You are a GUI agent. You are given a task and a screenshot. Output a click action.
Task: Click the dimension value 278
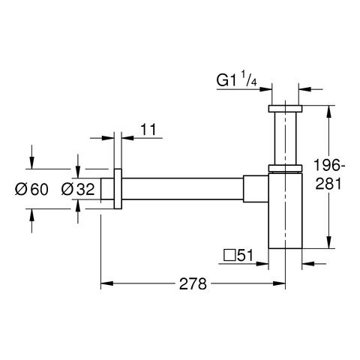193,283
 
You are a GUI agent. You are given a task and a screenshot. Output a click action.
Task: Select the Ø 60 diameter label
31,189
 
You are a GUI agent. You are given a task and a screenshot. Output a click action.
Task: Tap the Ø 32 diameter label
78,189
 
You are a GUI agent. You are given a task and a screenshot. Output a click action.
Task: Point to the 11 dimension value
148,130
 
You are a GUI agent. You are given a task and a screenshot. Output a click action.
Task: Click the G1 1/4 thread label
236,79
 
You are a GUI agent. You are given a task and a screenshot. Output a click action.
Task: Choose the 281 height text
328,184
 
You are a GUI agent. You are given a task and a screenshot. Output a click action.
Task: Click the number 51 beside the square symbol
244,255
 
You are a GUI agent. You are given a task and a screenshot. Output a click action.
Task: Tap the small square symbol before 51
229,256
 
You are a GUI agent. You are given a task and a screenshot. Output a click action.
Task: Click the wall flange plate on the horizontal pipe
118,189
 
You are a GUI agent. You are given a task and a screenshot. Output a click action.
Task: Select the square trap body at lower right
285,211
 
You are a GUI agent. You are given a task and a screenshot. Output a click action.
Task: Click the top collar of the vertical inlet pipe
285,109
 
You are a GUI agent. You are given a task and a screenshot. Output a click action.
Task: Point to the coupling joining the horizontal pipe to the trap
256,189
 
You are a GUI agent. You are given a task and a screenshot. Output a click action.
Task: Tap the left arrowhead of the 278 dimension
106,283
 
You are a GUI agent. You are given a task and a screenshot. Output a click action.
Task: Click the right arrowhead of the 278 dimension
279,283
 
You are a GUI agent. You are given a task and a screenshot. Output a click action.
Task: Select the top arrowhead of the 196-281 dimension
329,112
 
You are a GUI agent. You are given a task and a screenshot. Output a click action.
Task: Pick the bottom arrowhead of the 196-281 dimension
329,242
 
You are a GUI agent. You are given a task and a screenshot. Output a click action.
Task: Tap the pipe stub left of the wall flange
107,189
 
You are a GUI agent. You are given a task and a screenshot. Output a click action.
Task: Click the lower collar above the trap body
285,168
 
